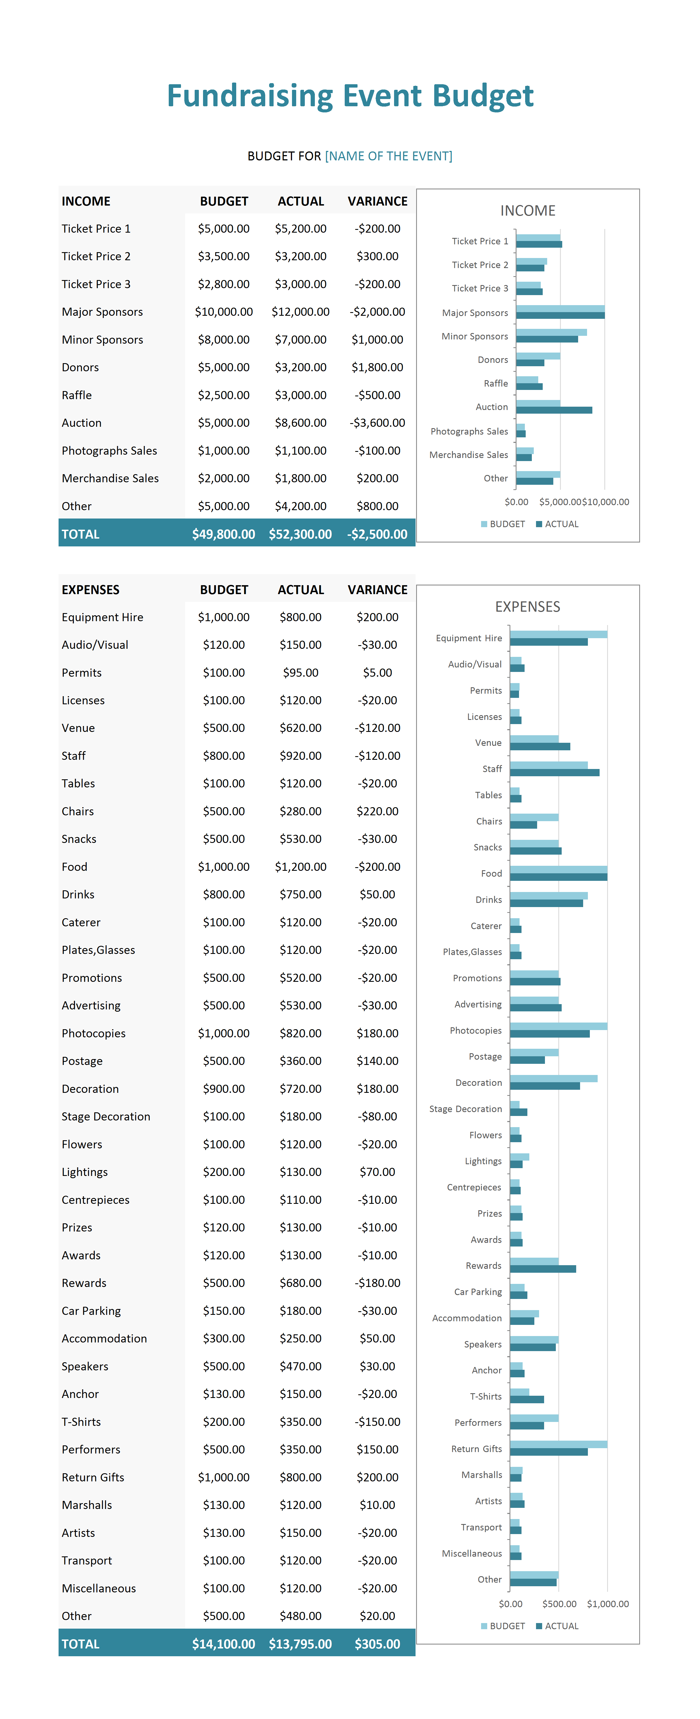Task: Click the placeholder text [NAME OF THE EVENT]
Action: (x=388, y=156)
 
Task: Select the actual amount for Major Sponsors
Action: (x=300, y=312)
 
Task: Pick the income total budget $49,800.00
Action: (x=224, y=534)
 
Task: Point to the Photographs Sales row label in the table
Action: (x=109, y=450)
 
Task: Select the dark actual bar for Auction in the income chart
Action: (x=554, y=410)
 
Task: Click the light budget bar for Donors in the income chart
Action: (x=538, y=356)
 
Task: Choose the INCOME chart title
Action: (x=528, y=211)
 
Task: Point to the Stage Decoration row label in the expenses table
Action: (x=106, y=1117)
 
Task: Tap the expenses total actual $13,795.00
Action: (x=300, y=1644)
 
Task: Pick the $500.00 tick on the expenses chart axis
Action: (x=559, y=1604)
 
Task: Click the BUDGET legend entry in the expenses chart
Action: (x=503, y=1626)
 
